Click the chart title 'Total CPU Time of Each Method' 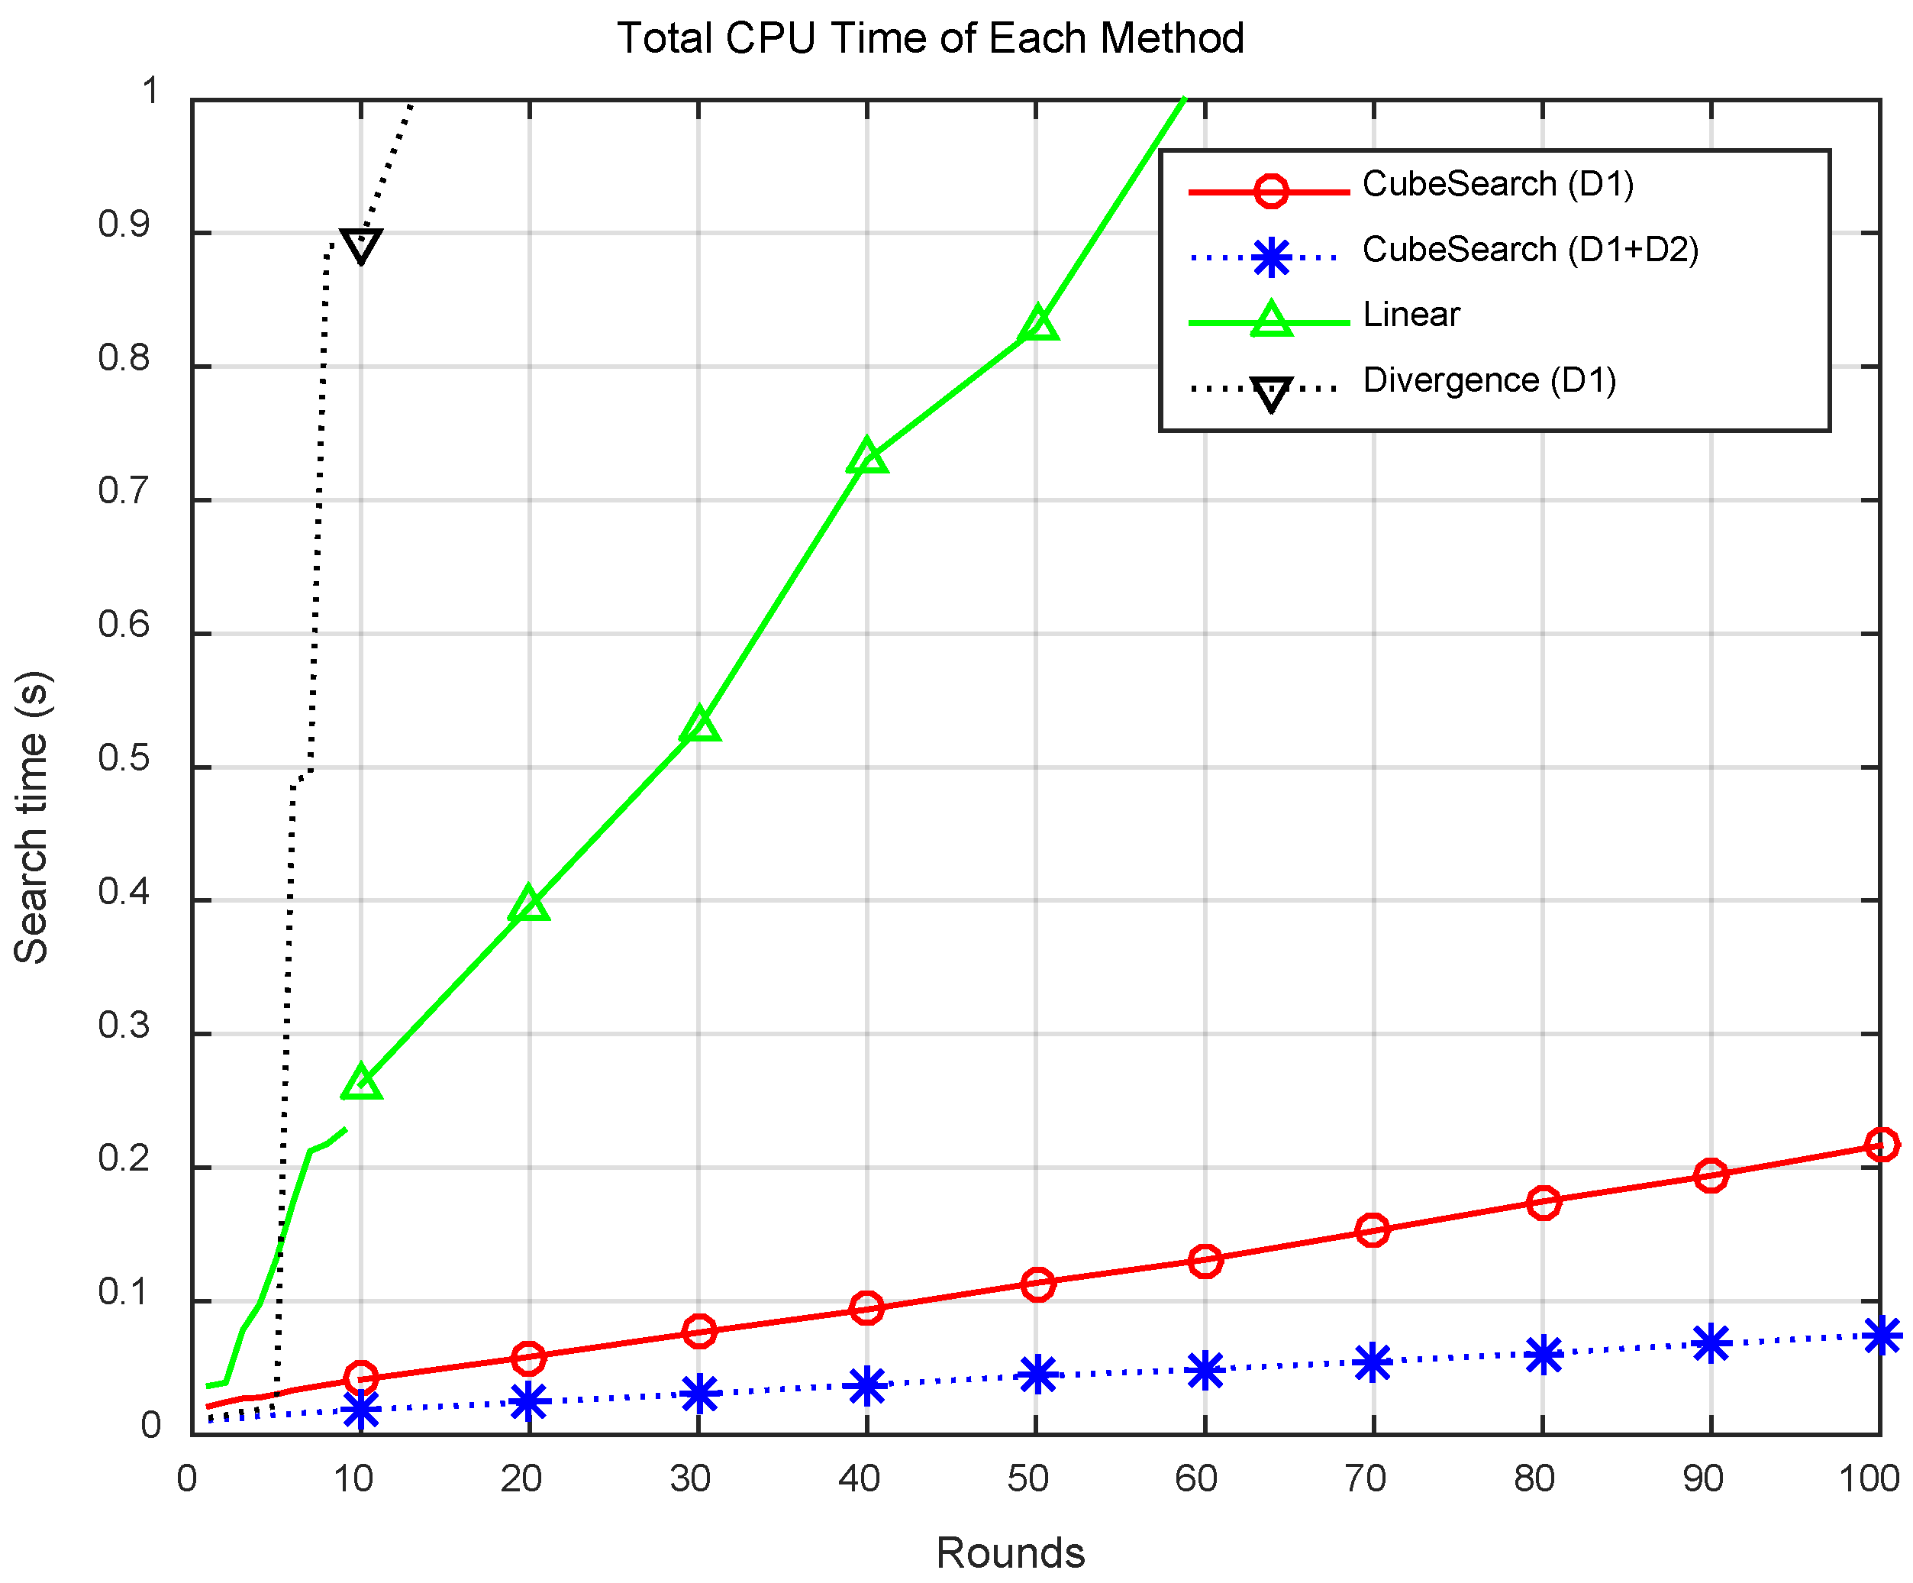pyautogui.click(x=930, y=38)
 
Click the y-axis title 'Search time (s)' pyautogui.click(x=32, y=818)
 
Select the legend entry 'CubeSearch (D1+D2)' pyautogui.click(x=1531, y=250)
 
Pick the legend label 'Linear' pyautogui.click(x=1411, y=315)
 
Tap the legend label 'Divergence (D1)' pyautogui.click(x=1489, y=380)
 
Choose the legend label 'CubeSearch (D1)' pyautogui.click(x=1498, y=184)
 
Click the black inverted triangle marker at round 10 pyautogui.click(x=361, y=245)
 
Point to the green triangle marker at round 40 pyautogui.click(x=867, y=457)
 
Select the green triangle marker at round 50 pyautogui.click(x=1037, y=325)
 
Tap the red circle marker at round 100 pyautogui.click(x=1881, y=1145)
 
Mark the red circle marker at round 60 pyautogui.click(x=1205, y=1262)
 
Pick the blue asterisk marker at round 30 pyautogui.click(x=698, y=1394)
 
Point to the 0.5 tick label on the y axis pyautogui.click(x=124, y=759)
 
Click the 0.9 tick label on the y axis pyautogui.click(x=124, y=225)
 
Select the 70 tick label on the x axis pyautogui.click(x=1366, y=1478)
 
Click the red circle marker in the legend pyautogui.click(x=1271, y=192)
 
